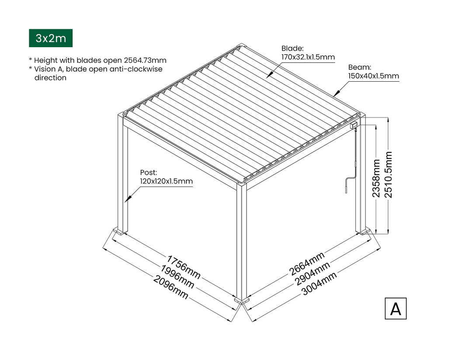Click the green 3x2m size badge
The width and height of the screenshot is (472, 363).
pos(51,38)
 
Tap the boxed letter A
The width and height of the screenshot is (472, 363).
pos(396,308)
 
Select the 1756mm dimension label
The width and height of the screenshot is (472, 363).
pos(184,267)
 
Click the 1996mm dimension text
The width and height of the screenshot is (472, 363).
pos(177,277)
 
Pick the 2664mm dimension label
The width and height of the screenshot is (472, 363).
pos(307,264)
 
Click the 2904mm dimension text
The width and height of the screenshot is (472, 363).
pos(312,274)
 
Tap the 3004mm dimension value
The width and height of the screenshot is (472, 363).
pos(319,284)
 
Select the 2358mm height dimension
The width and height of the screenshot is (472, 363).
pos(377,178)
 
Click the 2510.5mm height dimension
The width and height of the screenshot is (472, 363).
pos(389,175)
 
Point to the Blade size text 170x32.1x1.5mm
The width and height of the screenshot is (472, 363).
pos(308,57)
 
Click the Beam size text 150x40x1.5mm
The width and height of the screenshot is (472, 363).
pos(374,76)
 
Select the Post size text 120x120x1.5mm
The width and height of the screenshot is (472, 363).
pos(166,181)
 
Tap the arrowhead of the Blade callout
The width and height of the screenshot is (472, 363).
pos(267,77)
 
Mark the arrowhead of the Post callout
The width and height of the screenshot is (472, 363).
pos(126,201)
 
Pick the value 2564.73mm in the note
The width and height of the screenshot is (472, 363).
pos(145,60)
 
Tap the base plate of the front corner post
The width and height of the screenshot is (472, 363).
pos(242,301)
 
